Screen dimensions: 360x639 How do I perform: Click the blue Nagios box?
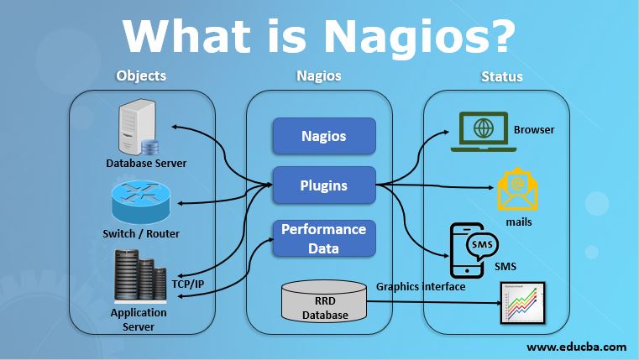coord(323,135)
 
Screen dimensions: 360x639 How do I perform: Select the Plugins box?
coord(323,185)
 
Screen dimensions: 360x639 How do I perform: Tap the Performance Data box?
coord(323,238)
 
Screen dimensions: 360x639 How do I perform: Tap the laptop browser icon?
coord(483,133)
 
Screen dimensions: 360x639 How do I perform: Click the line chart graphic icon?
coord(518,303)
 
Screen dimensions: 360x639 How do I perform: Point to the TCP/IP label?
coord(187,284)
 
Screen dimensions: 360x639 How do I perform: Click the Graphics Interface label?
coord(421,285)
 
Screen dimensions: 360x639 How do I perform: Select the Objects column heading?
coord(141,76)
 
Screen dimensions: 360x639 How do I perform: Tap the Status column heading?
coord(501,76)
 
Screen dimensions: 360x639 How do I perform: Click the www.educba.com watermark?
coord(576,346)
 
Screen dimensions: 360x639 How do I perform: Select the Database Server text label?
coord(146,163)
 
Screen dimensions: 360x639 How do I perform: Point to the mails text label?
coord(518,222)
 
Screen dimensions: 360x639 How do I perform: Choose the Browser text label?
coord(534,130)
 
